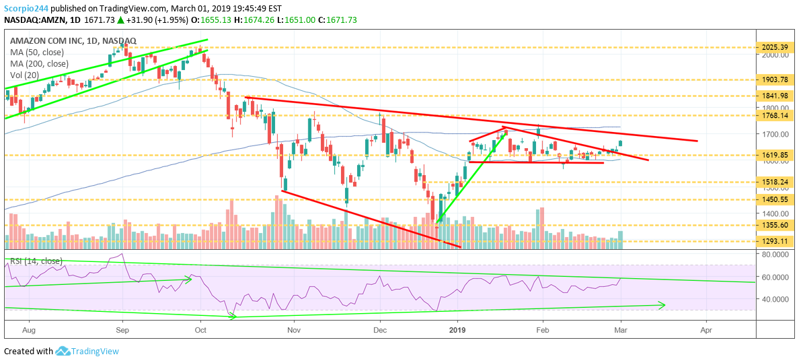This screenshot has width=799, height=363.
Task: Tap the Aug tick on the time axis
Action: click(28, 331)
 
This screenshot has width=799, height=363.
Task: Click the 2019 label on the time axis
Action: click(457, 331)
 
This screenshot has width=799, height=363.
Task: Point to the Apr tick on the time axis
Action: click(706, 331)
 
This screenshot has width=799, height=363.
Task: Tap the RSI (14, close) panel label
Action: click(36, 261)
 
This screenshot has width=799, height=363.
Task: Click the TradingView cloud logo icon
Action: click(64, 351)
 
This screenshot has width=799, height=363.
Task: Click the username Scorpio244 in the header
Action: click(26, 7)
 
